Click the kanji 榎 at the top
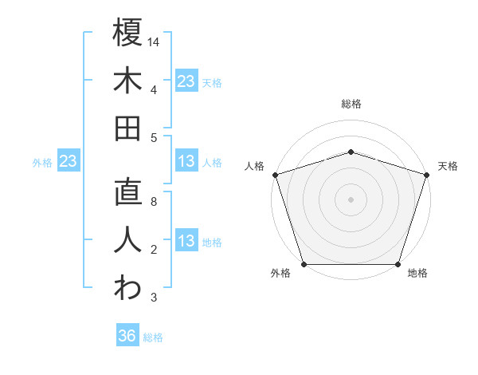pos(127,33)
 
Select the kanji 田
pos(127,128)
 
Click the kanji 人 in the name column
pos(127,240)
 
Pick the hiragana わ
pos(127,288)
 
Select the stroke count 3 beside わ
pos(154,298)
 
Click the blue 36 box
pos(127,336)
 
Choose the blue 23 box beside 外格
pos(68,162)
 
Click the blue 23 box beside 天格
pos(186,81)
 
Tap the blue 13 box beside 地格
pos(186,242)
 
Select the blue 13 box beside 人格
pos(186,162)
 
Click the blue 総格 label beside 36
pos(153,337)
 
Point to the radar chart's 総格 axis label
pos(351,104)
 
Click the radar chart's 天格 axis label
pos(448,166)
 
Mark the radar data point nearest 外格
pos(304,264)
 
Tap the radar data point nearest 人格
pos(275,174)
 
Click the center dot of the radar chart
pos(351,199)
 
